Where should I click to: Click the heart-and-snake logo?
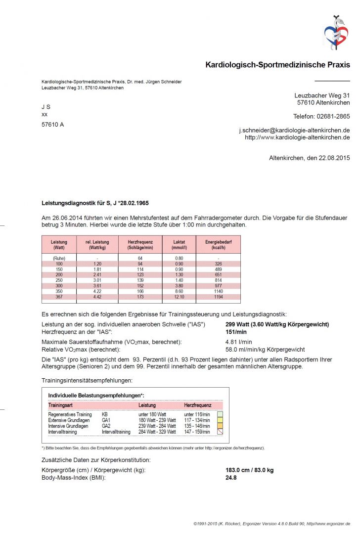336,32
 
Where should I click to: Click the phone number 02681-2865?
333,117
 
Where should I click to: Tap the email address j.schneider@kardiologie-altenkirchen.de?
294,130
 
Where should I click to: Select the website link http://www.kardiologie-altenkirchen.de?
297,137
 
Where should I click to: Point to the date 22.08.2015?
333,158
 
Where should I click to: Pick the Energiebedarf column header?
219,244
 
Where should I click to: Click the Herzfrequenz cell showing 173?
140,297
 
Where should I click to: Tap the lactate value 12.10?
179,297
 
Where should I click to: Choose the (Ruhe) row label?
59,258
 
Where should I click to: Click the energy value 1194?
219,297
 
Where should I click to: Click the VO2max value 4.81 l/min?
239,342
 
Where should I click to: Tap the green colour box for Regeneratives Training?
220,414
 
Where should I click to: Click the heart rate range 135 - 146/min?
197,426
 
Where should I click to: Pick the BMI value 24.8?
231,478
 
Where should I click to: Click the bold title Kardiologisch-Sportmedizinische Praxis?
277,65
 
